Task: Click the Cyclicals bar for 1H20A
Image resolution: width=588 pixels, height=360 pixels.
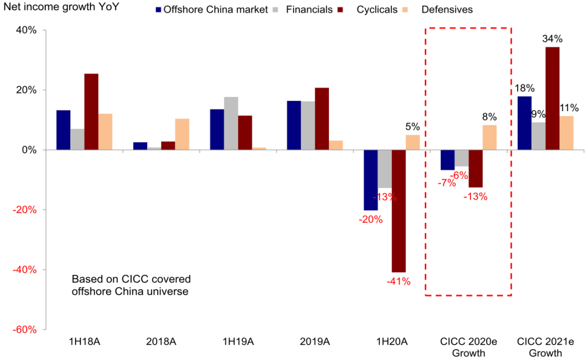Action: point(399,211)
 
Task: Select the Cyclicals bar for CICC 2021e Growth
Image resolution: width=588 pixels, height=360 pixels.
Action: point(552,99)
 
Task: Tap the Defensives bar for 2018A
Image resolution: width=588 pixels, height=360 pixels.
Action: point(182,134)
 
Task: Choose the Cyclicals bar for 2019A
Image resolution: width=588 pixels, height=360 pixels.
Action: point(322,119)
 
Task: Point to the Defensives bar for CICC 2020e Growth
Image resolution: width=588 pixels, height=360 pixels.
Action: point(489,137)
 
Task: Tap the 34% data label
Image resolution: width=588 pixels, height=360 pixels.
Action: point(552,39)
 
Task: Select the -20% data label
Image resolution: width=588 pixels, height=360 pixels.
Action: point(370,219)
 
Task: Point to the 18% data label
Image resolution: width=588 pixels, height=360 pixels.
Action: point(524,88)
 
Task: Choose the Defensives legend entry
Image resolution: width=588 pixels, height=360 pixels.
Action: point(447,10)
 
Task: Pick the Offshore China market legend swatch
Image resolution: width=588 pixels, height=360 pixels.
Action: point(158,10)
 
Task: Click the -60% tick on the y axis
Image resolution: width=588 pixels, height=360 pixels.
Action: point(25,330)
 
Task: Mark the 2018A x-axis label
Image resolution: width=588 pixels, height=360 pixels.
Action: point(161,342)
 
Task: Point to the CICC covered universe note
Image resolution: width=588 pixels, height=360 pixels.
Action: point(131,285)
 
